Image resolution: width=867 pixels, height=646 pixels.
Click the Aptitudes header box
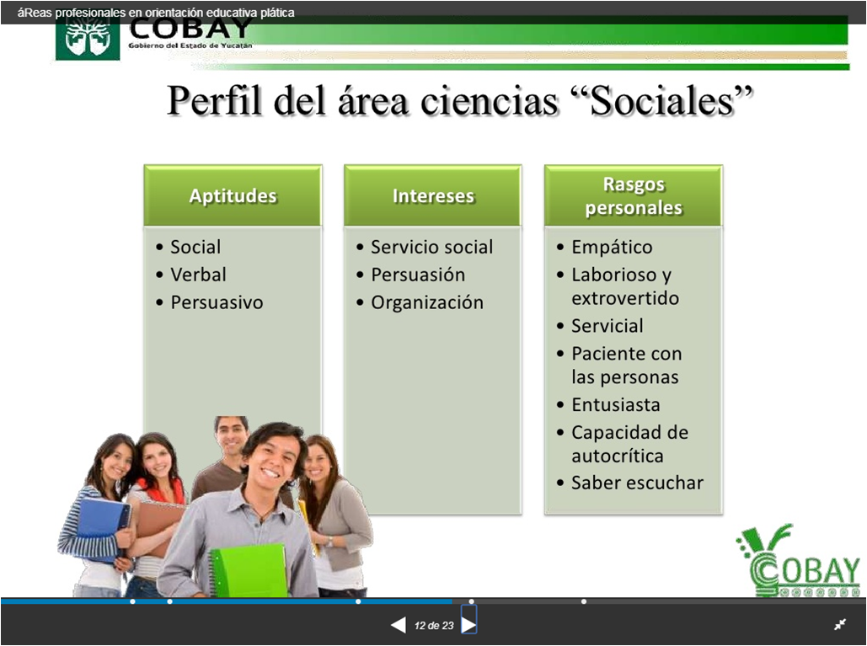tap(233, 195)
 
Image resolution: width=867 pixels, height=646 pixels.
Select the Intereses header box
tap(433, 195)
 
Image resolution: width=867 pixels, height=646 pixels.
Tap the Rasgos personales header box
tap(634, 195)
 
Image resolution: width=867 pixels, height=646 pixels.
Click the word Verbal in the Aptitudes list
tap(198, 275)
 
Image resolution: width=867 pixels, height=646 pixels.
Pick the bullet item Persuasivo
tap(217, 302)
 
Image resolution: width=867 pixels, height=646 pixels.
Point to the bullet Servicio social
tap(431, 247)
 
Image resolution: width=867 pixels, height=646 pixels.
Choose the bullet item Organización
tap(427, 302)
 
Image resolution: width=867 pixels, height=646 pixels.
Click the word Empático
tap(612, 247)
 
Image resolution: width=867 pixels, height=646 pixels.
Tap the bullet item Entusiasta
tap(615, 404)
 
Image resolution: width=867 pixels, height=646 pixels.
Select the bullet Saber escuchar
tap(637, 483)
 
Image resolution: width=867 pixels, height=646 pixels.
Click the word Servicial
tap(607, 326)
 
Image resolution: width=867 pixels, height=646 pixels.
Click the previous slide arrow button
tap(398, 625)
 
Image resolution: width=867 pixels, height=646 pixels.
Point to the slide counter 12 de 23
tap(434, 625)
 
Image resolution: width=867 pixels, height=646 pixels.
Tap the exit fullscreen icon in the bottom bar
tap(840, 624)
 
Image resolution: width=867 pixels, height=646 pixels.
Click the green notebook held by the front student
tap(249, 571)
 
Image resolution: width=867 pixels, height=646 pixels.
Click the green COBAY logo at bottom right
tap(799, 563)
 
